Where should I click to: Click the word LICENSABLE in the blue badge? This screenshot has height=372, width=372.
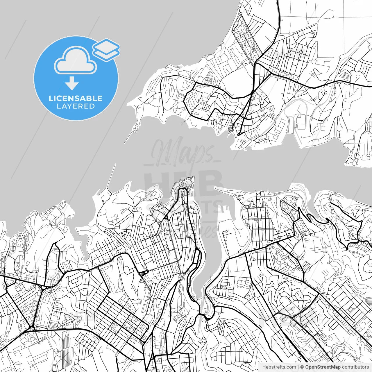76,98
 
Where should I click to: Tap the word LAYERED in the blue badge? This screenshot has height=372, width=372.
76,106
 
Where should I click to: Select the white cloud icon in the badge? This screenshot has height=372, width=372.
76,61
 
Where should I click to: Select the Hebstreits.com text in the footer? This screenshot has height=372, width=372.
279,367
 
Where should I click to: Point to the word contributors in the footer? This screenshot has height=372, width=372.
355,367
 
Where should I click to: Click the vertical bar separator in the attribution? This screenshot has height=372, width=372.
298,367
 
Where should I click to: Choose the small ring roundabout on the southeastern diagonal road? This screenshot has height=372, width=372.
355,327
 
